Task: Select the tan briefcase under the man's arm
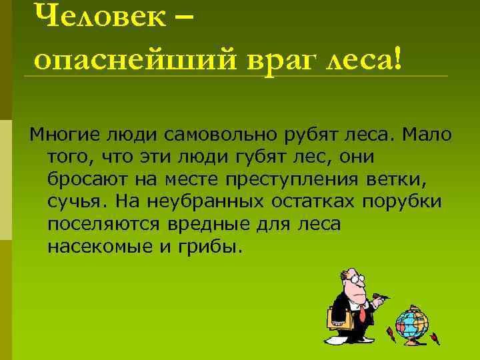tap(340, 318)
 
